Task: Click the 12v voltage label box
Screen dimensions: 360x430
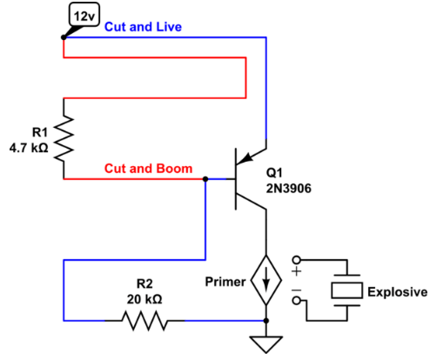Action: [84, 16]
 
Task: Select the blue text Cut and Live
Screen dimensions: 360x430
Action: [144, 28]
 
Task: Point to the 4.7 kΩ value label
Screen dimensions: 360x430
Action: [28, 146]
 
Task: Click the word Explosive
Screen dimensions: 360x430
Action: [397, 292]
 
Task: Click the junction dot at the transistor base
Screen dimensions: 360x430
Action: [205, 180]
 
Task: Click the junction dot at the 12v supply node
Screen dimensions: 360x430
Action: [64, 38]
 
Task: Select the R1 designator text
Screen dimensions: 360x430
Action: [37, 131]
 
